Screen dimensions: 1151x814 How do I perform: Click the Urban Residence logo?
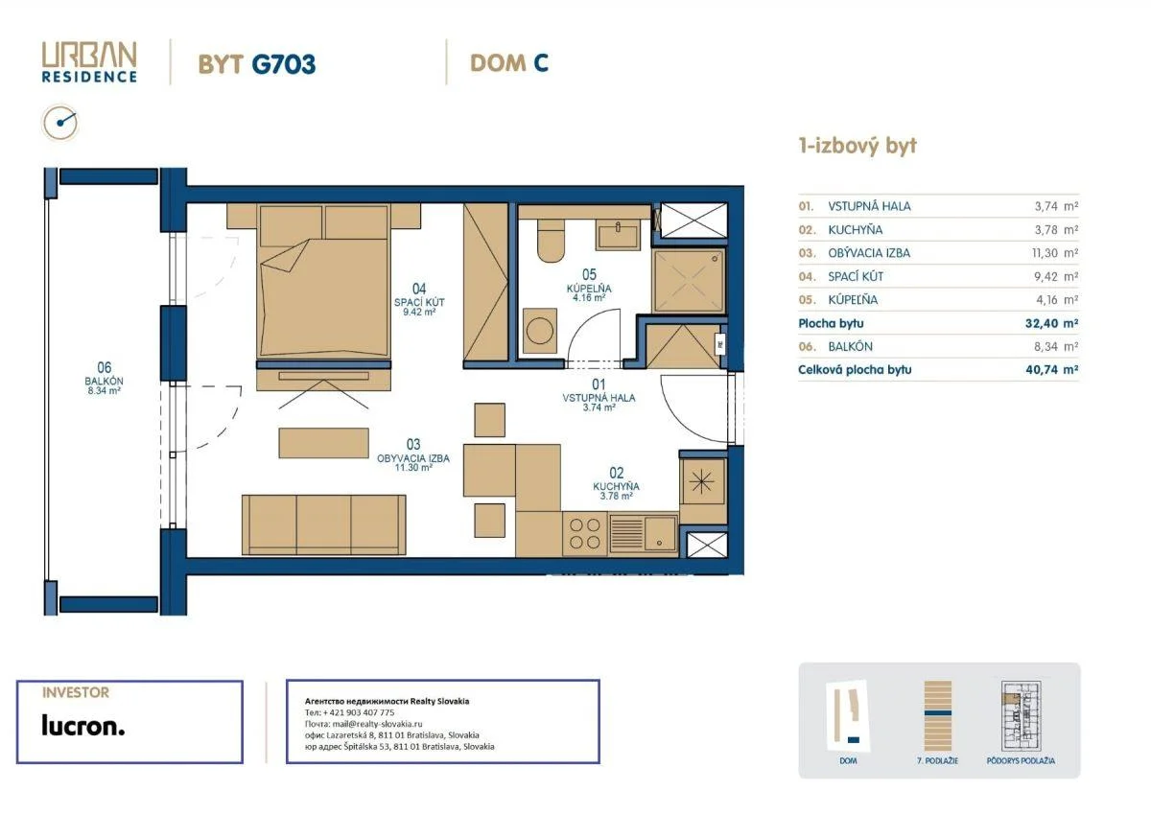[x=89, y=62]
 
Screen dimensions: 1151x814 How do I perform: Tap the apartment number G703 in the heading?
[x=283, y=64]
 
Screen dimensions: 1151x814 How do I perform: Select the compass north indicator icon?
[x=60, y=123]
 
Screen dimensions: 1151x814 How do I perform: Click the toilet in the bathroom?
[x=551, y=241]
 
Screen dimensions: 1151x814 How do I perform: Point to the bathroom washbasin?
[x=617, y=234]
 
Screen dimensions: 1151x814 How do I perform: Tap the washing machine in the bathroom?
[x=539, y=331]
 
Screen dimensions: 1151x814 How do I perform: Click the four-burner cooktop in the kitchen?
[x=585, y=534]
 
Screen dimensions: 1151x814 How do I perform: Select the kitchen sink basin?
[x=660, y=533]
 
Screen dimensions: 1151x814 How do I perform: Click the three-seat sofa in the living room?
[x=324, y=524]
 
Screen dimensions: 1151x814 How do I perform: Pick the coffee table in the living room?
[x=324, y=443]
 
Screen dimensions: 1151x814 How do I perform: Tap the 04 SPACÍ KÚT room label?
[x=419, y=299]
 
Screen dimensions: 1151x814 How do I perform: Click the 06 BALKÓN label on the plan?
[x=104, y=378]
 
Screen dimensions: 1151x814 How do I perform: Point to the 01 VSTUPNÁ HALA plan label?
[x=599, y=395]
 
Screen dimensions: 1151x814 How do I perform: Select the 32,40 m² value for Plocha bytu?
[x=1051, y=323]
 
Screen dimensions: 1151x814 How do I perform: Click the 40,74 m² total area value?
[x=1051, y=369]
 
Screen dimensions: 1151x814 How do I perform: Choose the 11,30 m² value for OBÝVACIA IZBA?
[x=1055, y=253]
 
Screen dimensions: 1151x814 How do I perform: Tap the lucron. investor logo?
[x=83, y=726]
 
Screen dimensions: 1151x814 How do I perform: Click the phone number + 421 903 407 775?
[x=359, y=712]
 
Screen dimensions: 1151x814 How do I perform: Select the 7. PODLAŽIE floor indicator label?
[x=937, y=760]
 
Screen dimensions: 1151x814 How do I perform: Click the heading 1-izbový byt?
[x=857, y=146]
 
